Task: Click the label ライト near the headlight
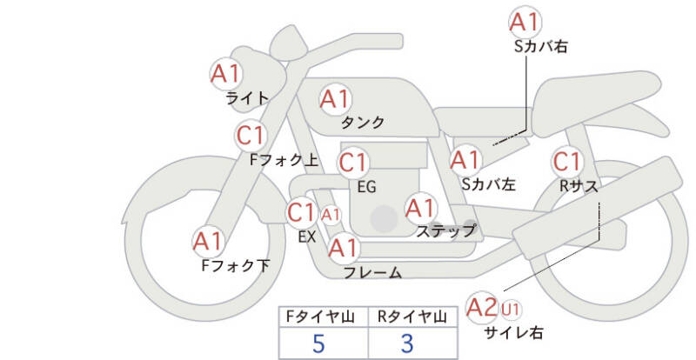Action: [x=246, y=98]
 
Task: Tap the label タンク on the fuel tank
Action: [x=364, y=123]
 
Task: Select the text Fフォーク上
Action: [x=284, y=160]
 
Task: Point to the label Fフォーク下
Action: [x=236, y=266]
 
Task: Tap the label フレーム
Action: [x=372, y=273]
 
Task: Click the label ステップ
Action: [x=445, y=231]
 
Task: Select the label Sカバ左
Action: [x=488, y=184]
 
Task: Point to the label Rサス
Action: [x=580, y=184]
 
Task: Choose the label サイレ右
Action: [x=513, y=331]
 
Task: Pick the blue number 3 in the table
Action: [x=407, y=343]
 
